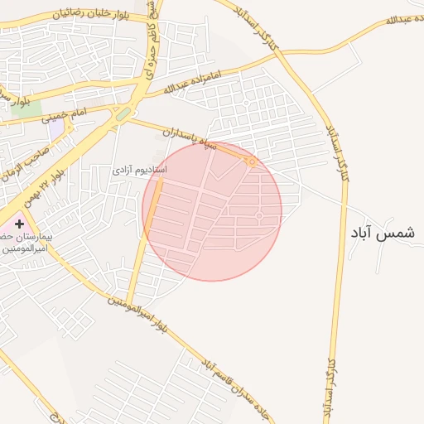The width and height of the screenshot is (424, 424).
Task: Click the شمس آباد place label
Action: click(381, 234)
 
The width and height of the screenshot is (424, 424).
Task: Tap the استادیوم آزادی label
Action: click(140, 169)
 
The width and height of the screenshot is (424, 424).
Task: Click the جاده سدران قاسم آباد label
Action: click(235, 389)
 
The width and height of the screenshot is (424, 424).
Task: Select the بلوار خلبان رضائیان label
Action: click(91, 14)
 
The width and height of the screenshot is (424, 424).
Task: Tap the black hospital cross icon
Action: click(19, 224)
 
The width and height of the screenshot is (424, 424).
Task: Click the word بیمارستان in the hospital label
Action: click(37, 237)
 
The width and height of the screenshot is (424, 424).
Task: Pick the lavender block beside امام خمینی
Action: click(55, 129)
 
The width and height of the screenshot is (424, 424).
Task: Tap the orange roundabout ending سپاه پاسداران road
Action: click(251, 161)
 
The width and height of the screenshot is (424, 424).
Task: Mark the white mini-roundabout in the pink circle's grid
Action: click(259, 216)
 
